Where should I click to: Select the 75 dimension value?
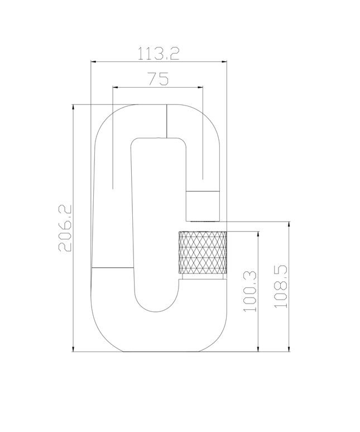click(158, 79)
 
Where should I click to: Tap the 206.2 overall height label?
click(65, 228)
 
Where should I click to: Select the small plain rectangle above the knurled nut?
click(203, 199)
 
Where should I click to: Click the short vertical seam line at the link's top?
click(166, 120)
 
